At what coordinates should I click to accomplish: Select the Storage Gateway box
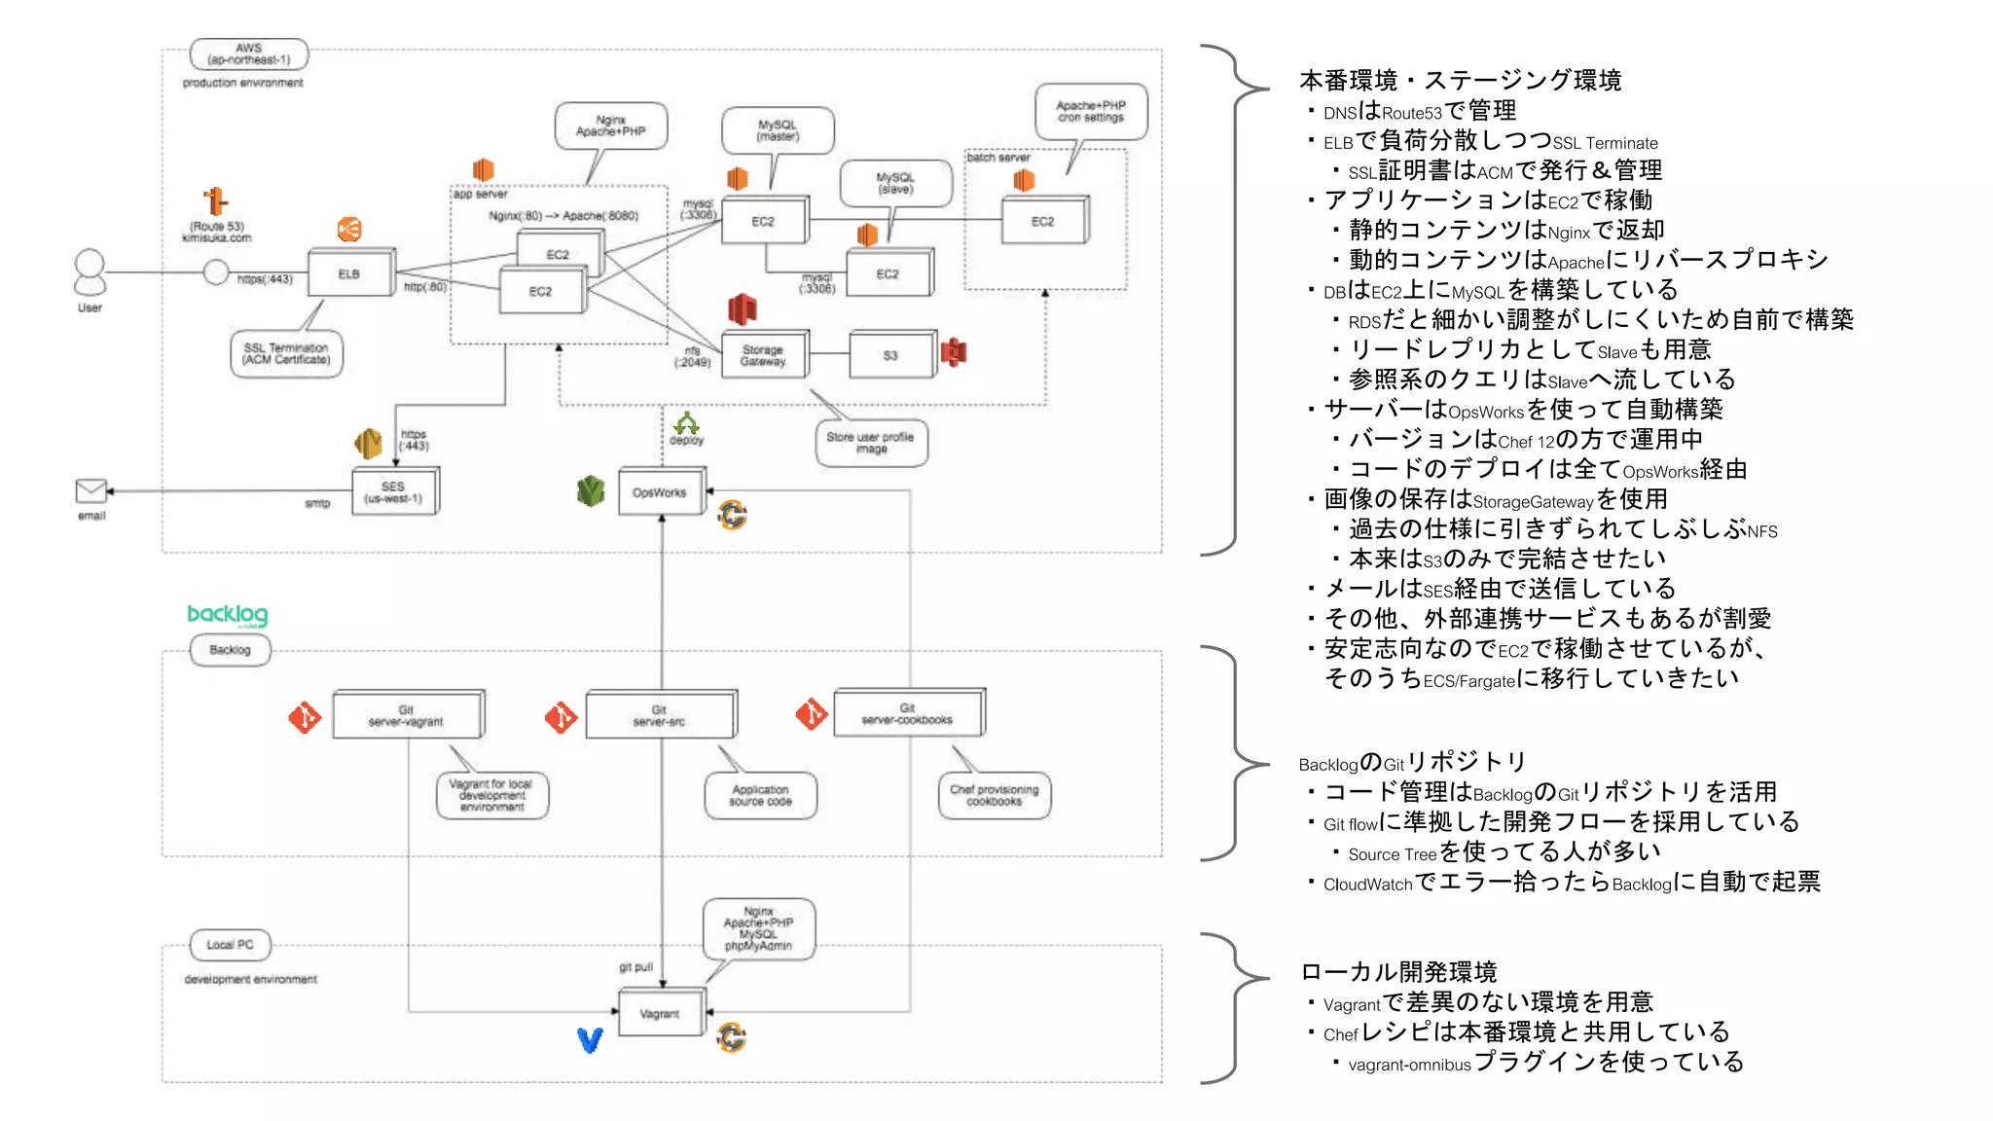pos(763,355)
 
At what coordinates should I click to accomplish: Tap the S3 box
pos(890,355)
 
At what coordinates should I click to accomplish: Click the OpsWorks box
pos(660,492)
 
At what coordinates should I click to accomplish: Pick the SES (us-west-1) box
pos(393,491)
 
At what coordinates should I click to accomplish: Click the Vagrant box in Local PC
pos(660,1014)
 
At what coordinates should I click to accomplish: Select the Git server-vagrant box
pos(406,715)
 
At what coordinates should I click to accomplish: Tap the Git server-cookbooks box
pos(907,713)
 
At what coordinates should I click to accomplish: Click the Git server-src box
pos(660,715)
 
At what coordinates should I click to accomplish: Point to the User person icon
pos(90,272)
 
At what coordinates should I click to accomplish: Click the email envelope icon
pos(91,490)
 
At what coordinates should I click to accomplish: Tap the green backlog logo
pos(227,615)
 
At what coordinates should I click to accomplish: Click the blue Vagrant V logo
pos(590,1040)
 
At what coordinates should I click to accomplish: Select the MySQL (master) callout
pos(778,130)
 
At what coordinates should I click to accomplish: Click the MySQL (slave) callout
pos(895,183)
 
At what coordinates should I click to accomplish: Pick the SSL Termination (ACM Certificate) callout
pos(287,353)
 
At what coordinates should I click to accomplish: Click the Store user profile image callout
pos(871,443)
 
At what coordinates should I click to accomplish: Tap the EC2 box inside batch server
pos(1043,221)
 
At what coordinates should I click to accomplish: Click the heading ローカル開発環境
pos(1398,972)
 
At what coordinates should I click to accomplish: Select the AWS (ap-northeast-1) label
pos(249,54)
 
